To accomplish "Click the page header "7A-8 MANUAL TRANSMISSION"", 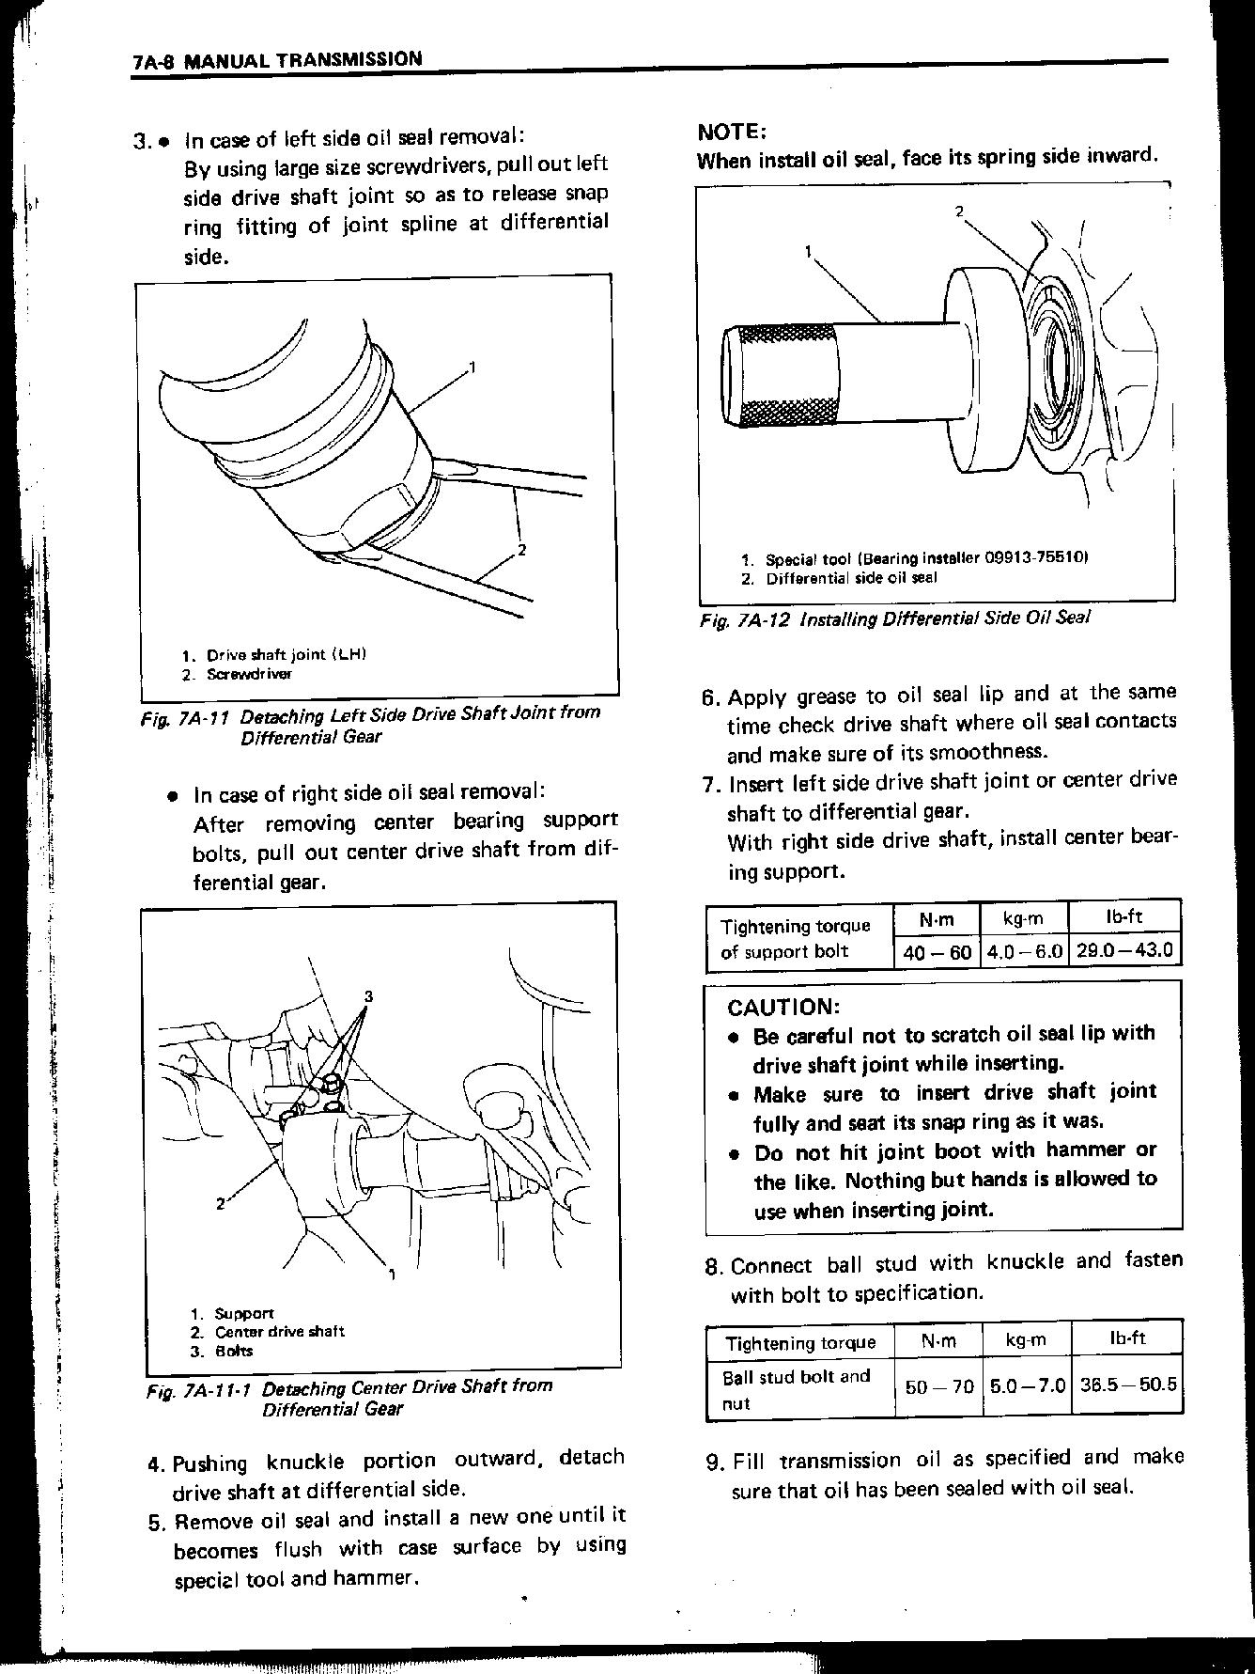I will coord(277,60).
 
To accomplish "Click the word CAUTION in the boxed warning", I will coord(783,1008).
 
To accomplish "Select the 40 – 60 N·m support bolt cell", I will coord(936,951).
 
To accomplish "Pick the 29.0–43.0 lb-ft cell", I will coord(1124,950).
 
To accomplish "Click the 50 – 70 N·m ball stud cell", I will coord(937,1385).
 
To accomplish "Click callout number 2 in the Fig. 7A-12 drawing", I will coord(960,211).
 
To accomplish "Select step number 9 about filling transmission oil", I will coord(714,1462).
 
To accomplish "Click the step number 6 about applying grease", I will coord(710,697).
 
